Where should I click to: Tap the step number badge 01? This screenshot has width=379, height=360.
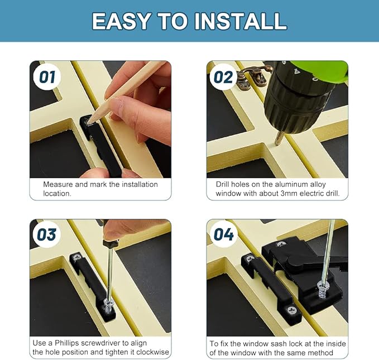(x=47, y=76)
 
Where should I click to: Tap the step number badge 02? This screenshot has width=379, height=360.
(x=223, y=76)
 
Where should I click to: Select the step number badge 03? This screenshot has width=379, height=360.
(x=47, y=234)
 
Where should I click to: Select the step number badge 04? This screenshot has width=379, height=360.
(x=223, y=234)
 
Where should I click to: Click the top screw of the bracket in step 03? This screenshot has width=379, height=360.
(x=77, y=257)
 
